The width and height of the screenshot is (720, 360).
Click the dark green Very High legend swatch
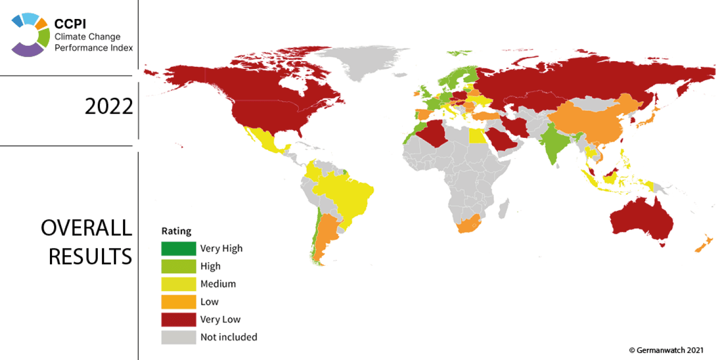178,248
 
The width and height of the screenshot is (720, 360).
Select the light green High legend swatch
178,266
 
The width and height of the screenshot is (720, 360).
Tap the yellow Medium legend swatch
178,284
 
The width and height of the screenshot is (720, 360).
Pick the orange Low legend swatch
178,301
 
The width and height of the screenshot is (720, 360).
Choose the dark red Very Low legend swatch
178,319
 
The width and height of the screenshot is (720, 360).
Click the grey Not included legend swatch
178,337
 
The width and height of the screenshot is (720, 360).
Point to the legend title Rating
176,231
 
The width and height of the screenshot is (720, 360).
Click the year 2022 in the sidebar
109,107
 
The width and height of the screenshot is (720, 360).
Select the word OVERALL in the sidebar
86,228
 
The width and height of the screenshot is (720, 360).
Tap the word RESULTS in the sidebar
90,256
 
